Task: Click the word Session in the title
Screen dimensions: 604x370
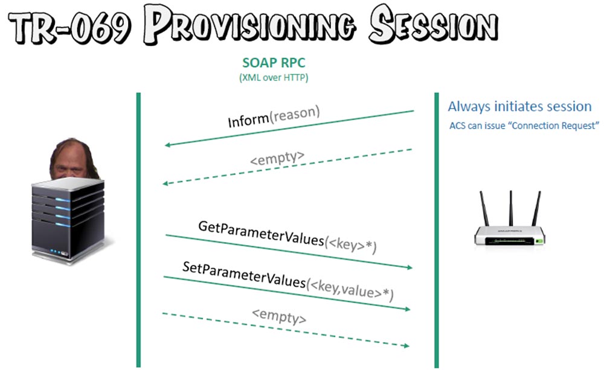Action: tap(433, 24)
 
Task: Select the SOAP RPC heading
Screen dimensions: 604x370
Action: tap(274, 62)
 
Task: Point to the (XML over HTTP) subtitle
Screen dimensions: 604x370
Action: tap(274, 77)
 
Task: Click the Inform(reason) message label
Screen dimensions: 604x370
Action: tap(274, 116)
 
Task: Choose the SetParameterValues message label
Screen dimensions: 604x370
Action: tap(288, 281)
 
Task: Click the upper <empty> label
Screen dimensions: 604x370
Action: tap(277, 158)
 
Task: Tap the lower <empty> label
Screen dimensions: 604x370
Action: tap(279, 316)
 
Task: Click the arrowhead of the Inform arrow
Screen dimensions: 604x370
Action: tap(167, 145)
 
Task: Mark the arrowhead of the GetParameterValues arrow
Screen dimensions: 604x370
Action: tap(410, 267)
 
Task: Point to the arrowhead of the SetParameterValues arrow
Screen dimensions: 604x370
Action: tap(407, 308)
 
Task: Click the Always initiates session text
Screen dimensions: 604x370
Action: tap(519, 106)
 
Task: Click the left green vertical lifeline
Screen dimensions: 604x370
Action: tap(139, 230)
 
